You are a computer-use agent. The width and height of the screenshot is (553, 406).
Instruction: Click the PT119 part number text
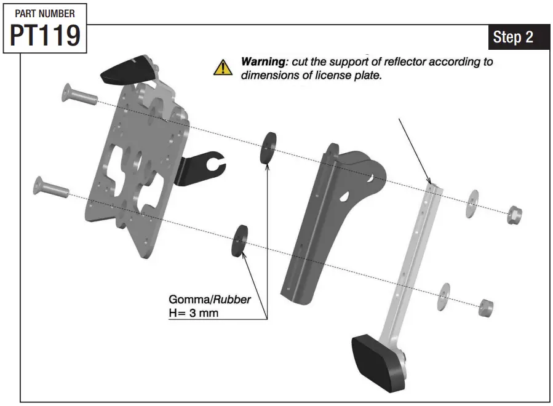pos(45,35)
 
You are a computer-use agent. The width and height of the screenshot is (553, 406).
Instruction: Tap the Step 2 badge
pos(512,38)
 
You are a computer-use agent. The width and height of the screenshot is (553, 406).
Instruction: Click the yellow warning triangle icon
pos(223,67)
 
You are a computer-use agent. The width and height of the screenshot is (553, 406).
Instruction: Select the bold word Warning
pos(260,62)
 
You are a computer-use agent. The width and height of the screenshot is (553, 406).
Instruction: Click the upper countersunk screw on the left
pos(77,94)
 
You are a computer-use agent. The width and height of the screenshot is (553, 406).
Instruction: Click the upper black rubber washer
pos(268,148)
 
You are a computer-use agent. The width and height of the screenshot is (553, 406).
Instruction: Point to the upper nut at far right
pos(514,215)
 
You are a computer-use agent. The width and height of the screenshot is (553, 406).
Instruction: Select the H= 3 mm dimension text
pos(193,313)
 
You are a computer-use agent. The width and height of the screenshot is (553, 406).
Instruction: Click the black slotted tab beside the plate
pos(203,165)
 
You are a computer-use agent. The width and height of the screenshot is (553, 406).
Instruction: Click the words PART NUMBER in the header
pos(45,12)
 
